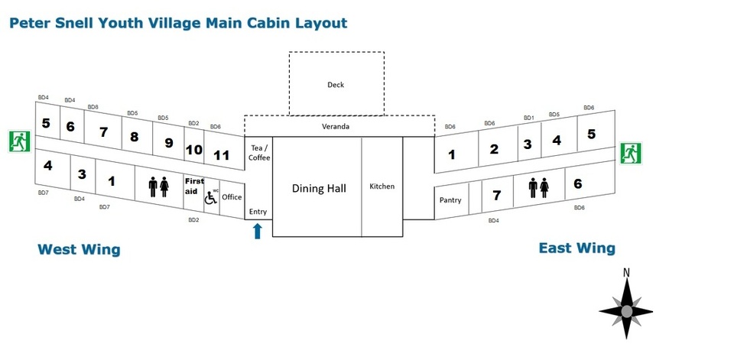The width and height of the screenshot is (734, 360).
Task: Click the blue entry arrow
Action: [257, 232]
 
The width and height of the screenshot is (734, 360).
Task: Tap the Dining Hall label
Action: [320, 188]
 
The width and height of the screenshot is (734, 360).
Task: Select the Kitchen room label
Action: [382, 186]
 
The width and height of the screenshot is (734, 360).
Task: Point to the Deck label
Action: [336, 85]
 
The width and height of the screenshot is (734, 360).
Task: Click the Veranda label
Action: [336, 126]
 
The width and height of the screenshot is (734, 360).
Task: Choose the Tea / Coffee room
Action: [259, 153]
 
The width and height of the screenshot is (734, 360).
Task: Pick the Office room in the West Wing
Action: [232, 197]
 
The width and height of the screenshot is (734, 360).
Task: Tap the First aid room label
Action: [194, 186]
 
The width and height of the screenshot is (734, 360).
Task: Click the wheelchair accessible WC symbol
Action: [211, 197]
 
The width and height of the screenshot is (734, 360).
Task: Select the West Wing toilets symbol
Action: [159, 186]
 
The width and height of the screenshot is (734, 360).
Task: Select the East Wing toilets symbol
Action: [539, 188]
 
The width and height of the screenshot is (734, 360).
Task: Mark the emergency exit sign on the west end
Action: [20, 141]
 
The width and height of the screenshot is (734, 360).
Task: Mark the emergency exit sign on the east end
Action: [632, 153]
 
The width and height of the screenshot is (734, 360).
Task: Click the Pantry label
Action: [450, 200]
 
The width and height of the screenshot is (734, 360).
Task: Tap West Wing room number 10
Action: [193, 150]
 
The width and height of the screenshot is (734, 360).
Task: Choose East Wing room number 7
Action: [497, 195]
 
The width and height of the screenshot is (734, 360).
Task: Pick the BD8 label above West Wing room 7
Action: [93, 107]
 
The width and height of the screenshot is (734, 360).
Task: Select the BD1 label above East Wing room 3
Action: [529, 118]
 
